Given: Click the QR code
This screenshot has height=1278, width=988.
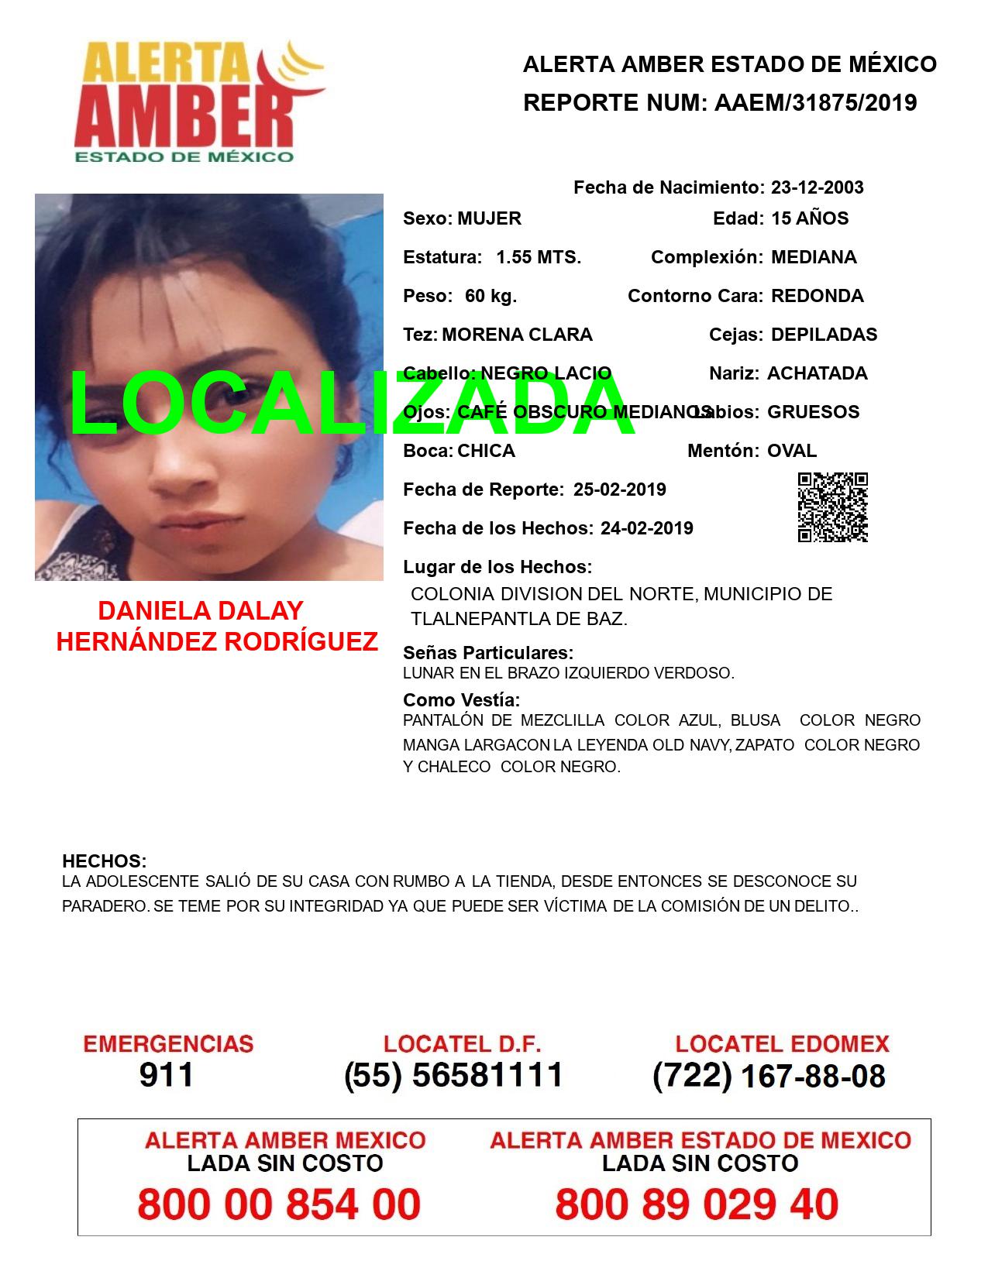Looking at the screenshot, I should tap(833, 507).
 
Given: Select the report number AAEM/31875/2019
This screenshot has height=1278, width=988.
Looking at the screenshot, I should tap(815, 103).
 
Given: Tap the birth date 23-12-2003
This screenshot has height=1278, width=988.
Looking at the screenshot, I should tap(817, 187).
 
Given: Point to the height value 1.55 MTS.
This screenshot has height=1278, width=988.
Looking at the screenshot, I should tap(539, 257).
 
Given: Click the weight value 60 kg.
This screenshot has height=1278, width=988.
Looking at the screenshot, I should tap(491, 296).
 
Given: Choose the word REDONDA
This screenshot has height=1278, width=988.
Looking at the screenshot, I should tap(817, 296).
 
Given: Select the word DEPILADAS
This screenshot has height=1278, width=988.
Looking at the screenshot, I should tap(824, 335).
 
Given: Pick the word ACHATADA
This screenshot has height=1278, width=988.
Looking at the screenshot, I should tap(817, 373).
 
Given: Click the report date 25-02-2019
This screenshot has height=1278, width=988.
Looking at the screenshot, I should tap(619, 490).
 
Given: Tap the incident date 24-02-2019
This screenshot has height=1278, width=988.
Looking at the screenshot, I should tap(646, 528).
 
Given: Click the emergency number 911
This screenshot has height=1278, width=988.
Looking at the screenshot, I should tap(167, 1075).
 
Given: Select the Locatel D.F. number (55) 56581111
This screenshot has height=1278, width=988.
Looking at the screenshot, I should tap(453, 1075).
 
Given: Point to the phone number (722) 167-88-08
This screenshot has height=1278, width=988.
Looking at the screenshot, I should tap(769, 1076).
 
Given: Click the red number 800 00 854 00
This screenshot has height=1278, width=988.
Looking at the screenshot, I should tap(279, 1204).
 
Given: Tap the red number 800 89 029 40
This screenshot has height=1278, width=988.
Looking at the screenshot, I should tap(697, 1204).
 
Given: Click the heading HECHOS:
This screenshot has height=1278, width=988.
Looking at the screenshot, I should tap(104, 861).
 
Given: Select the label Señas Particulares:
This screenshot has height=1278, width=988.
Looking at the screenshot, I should tap(488, 652).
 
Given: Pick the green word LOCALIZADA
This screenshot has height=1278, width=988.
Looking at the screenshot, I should tap(353, 403).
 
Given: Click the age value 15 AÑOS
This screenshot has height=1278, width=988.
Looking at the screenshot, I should tap(810, 218).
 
